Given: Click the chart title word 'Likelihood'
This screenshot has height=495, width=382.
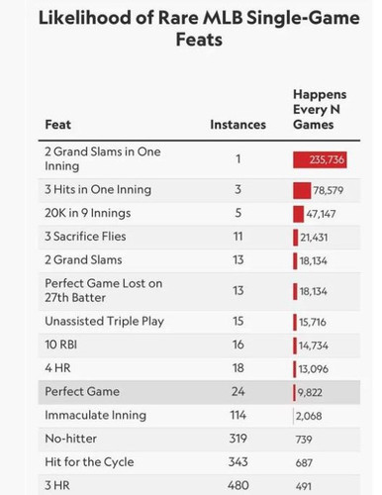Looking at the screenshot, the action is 85,18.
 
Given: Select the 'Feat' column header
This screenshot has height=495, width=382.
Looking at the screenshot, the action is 58,125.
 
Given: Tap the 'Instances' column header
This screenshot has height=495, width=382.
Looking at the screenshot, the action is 238,125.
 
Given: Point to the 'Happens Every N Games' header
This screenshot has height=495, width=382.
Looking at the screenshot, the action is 320,110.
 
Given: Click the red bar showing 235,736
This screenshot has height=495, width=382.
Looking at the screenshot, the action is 320,159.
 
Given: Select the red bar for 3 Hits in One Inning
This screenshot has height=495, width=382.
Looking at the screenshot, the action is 302,190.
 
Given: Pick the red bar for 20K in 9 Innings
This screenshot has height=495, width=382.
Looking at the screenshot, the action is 298,214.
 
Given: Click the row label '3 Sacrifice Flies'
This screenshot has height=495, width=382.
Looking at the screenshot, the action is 85,237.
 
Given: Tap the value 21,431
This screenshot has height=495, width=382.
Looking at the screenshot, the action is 314,238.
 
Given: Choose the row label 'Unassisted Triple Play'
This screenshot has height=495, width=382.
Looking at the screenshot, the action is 104,322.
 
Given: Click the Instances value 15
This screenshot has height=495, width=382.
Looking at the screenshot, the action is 238,321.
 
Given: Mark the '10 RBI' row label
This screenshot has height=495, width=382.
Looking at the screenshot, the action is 61,345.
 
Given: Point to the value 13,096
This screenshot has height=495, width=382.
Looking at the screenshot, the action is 314,368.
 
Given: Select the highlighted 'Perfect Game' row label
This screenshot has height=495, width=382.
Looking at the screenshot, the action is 82,392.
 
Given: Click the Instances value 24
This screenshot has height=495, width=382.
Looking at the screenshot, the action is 238,392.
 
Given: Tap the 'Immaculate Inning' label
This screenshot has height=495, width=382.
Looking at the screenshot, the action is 95,415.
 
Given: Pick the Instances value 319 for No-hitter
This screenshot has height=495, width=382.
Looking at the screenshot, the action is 238,439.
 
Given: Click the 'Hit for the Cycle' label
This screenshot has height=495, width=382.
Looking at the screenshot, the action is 89,462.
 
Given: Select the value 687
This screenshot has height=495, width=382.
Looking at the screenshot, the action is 304,463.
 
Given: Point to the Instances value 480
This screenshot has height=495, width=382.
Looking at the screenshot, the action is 238,485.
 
